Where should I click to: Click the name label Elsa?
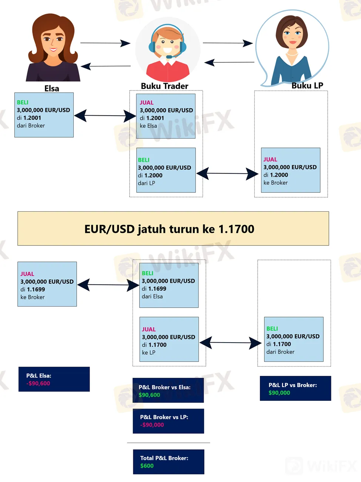click(52, 89)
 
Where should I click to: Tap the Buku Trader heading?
click(164, 86)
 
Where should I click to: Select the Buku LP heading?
click(307, 86)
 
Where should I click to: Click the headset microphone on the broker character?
click(170, 57)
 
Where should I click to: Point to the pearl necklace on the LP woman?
click(292, 55)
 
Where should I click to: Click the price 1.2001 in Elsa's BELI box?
click(32, 118)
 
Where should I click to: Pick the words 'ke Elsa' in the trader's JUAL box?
click(148, 126)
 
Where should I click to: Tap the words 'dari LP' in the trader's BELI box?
click(146, 183)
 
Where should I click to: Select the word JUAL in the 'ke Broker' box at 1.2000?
click(270, 159)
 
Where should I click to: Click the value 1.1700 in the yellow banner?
click(236, 229)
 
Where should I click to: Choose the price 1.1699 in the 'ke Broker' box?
click(36, 290)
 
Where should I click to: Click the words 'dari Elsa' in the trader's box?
click(152, 297)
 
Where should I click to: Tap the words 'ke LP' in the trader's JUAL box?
click(148, 353)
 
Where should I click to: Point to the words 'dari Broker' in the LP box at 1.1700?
click(280, 352)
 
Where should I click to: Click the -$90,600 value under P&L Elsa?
click(38, 383)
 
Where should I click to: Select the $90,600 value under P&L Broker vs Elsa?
click(149, 395)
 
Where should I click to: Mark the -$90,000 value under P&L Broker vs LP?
click(152, 425)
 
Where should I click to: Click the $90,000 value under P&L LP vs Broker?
click(279, 393)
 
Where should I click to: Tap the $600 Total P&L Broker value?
click(147, 466)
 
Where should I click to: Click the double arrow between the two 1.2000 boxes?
click(227, 173)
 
